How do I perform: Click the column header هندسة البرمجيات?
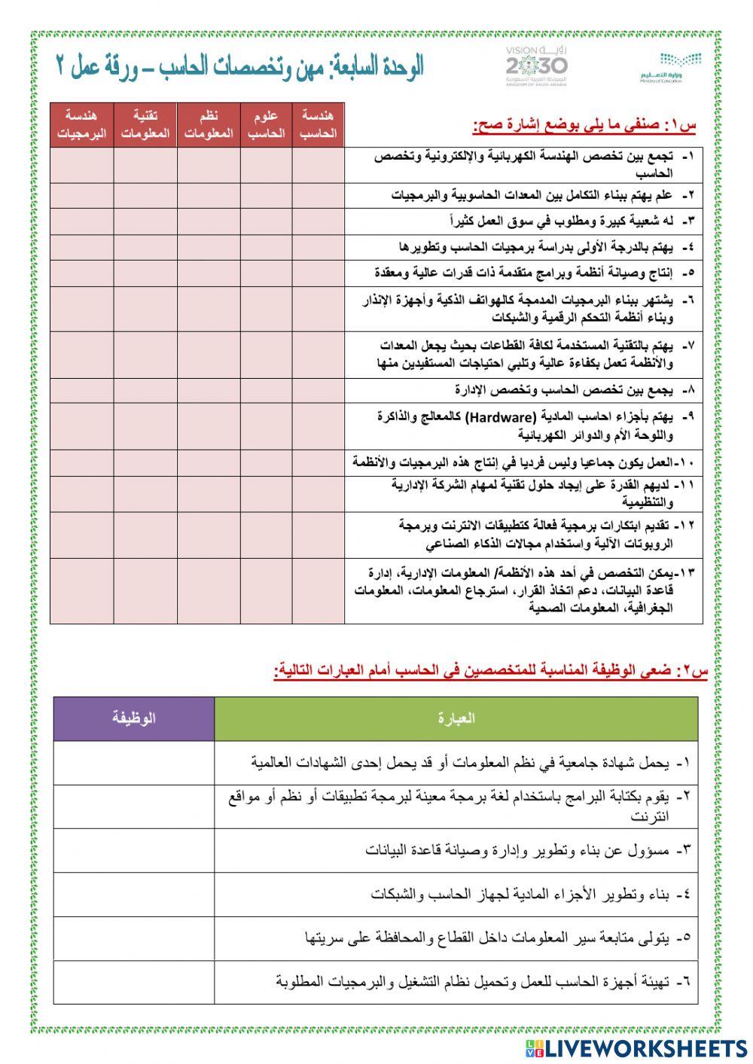point(81,125)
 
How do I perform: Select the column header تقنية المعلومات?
point(145,125)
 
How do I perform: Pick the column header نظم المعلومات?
point(209,125)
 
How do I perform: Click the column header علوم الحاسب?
point(267,125)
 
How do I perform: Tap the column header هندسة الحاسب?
point(318,125)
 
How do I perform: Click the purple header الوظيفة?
point(134,718)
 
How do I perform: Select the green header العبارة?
point(456,718)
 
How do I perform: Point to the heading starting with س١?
point(584,126)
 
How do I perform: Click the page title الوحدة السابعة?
point(240,68)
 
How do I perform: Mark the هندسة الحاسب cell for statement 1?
point(318,165)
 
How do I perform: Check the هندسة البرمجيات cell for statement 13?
point(81,591)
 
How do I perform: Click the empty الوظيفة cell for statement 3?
point(134,851)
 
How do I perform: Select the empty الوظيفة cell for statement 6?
point(134,982)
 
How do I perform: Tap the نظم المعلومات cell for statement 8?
point(209,390)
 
